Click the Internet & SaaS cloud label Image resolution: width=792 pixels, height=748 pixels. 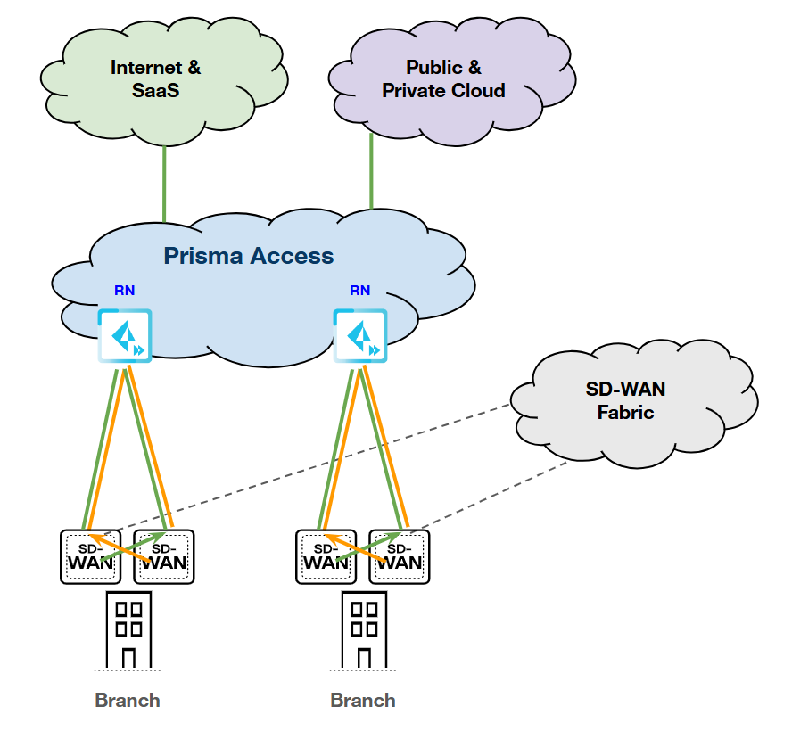point(155,78)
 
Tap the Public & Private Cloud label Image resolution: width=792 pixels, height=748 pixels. point(443,78)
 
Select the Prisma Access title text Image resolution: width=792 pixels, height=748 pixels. point(248,257)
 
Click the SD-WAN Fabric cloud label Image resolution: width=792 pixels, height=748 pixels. point(625,400)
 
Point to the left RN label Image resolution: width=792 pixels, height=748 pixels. point(125,291)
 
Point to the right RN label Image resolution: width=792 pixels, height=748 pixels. point(360,291)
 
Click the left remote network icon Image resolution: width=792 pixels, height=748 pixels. point(125,336)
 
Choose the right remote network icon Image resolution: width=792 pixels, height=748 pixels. point(360,336)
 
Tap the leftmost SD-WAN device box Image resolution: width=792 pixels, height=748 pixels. point(90,557)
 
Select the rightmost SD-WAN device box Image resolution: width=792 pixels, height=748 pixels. point(400,557)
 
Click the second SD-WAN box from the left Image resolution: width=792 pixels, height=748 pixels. point(163,557)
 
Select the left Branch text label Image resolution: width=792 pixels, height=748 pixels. point(128,700)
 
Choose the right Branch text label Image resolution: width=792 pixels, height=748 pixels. point(363,700)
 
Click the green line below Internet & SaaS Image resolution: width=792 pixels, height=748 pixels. point(164,183)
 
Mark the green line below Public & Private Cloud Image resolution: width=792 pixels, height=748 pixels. point(371,174)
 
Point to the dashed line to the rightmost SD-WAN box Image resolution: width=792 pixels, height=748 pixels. point(499,495)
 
